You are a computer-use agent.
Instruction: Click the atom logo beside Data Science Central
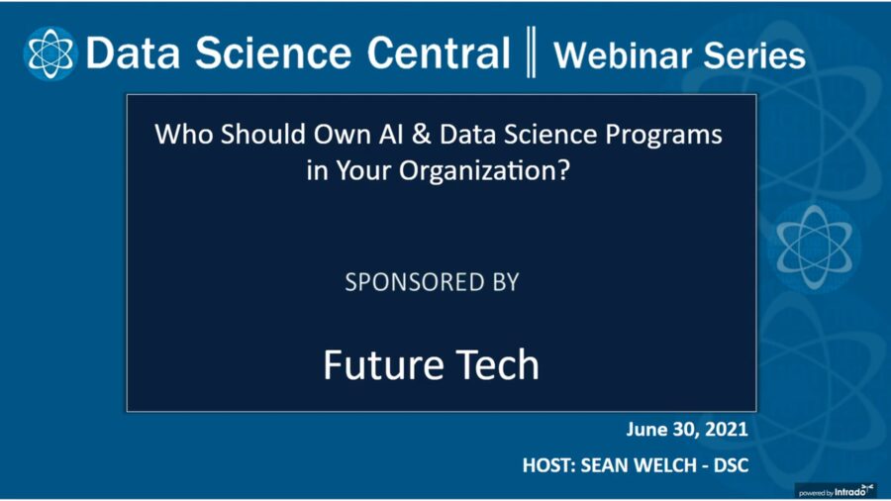pos(49,53)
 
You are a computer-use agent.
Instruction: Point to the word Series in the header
pos(755,54)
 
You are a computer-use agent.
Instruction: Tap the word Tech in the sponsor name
pos(495,365)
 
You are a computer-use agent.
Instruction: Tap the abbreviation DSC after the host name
pos(727,462)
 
